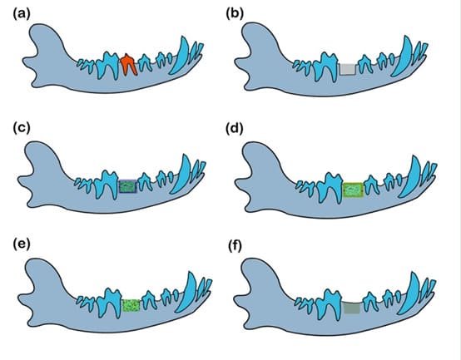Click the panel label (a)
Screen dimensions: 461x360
(x=22, y=14)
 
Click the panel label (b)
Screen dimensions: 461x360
(x=235, y=14)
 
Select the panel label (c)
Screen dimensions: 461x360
(x=22, y=128)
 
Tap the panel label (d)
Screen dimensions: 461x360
(x=235, y=128)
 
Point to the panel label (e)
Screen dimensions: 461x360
(x=22, y=244)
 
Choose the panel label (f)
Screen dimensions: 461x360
(x=235, y=247)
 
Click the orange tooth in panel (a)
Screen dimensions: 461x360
(x=128, y=64)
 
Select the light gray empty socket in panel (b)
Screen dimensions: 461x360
(x=348, y=69)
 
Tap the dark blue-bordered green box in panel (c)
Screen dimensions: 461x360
(x=128, y=186)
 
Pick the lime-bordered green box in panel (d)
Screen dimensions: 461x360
(x=353, y=190)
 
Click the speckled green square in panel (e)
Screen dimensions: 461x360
(x=131, y=305)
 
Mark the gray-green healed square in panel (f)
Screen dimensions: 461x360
(x=352, y=308)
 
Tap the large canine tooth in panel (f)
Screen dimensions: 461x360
(x=410, y=294)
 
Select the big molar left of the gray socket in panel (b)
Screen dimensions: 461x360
(x=325, y=67)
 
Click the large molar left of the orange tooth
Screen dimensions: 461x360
(x=108, y=65)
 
